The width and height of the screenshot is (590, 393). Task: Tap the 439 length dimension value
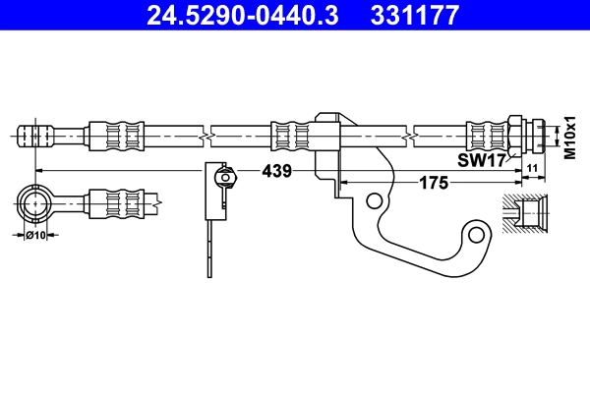pos(276,171)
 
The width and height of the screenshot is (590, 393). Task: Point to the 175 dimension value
pos(434,183)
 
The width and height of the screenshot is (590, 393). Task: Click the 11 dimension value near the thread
pos(531,170)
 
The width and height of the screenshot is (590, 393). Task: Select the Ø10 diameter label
pos(36,236)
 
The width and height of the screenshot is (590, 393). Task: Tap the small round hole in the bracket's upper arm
pos(374,200)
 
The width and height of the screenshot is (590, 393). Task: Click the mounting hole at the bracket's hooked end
pos(479,234)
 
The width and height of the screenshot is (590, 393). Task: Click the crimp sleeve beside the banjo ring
pos(110,204)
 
